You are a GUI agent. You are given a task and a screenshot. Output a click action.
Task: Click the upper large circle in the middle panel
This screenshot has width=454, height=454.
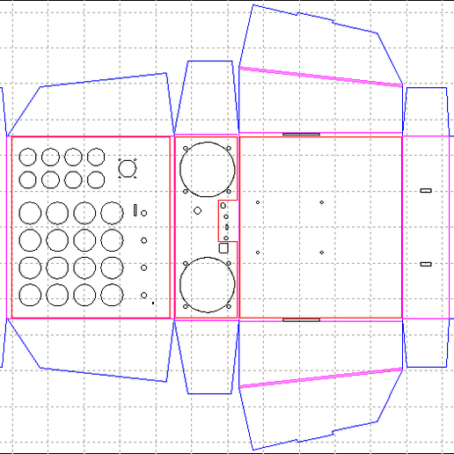208,169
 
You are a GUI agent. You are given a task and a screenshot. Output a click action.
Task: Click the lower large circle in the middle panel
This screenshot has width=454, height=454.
207,285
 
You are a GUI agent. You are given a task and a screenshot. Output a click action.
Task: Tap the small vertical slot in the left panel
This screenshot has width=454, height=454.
135,211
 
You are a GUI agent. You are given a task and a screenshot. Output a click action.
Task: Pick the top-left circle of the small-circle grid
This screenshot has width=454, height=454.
28,157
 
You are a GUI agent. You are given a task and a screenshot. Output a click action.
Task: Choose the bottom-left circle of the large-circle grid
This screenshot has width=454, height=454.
30,295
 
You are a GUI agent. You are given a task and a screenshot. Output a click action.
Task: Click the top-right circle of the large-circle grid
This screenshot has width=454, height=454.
112,213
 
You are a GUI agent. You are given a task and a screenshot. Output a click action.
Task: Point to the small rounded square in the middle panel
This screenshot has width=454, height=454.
223,249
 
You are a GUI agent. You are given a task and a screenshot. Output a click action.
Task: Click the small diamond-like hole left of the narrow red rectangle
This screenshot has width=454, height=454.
197,211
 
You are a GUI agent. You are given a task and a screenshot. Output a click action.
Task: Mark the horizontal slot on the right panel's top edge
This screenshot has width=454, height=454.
301,135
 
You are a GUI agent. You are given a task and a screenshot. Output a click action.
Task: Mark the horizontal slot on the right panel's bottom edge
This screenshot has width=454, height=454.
301,320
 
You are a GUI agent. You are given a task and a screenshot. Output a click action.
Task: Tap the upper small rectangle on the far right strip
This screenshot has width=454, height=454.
426,191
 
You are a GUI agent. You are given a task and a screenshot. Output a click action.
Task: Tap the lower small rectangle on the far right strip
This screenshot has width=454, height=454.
426,264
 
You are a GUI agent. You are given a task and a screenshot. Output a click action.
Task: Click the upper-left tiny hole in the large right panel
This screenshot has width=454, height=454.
258,203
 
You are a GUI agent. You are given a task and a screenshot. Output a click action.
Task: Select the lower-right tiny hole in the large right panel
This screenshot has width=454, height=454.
322,253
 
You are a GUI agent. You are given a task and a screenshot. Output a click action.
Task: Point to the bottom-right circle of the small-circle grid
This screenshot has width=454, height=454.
96,179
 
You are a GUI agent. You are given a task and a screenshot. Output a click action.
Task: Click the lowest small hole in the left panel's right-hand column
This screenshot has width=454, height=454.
143,295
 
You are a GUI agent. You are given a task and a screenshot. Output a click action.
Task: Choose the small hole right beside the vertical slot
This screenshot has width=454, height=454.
143,212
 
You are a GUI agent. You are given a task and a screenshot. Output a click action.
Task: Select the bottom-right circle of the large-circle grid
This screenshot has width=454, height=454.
112,295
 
